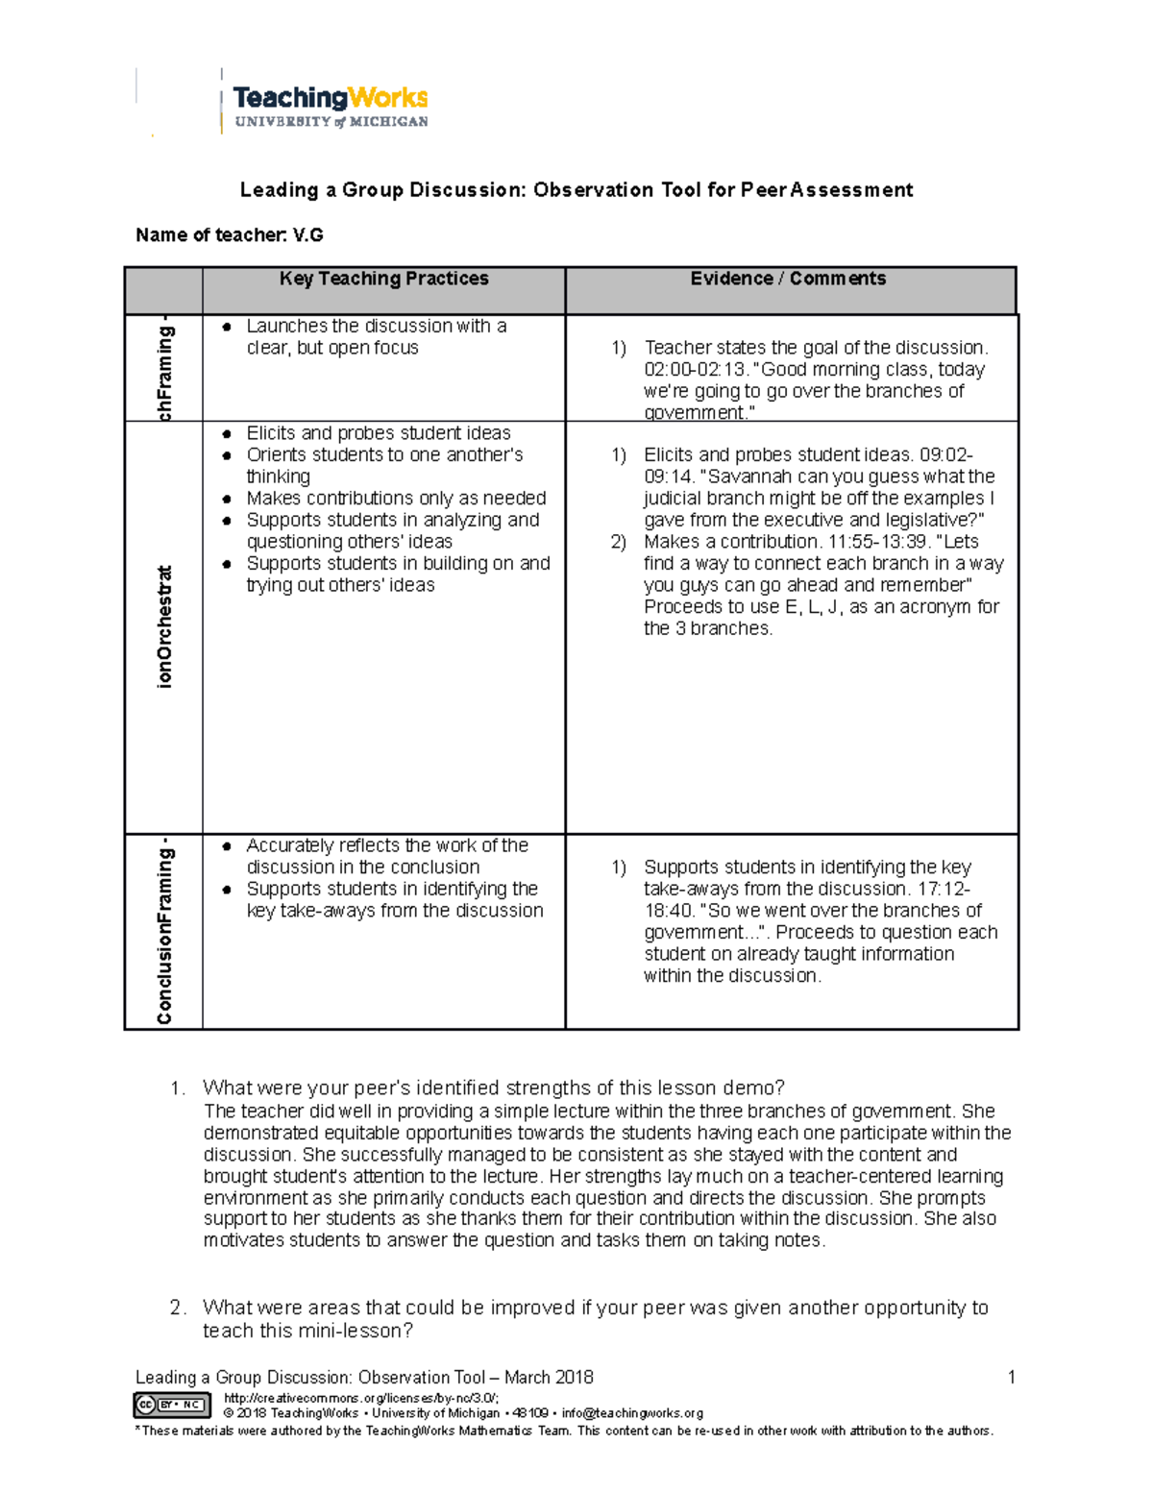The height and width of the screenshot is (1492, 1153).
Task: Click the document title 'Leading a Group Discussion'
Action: tap(576, 190)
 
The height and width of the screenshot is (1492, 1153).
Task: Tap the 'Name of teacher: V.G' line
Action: tap(230, 235)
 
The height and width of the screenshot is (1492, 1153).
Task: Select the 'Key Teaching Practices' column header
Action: tap(383, 279)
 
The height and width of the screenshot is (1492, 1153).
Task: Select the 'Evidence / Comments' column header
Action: tap(788, 279)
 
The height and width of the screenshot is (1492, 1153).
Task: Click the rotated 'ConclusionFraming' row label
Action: tap(164, 931)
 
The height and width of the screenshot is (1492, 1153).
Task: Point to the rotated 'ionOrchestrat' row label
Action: tap(164, 626)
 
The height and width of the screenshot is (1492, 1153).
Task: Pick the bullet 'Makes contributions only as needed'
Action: tap(396, 499)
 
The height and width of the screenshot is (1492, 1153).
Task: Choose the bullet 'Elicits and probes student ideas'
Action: tap(379, 433)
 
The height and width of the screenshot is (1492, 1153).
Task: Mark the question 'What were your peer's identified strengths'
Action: tap(493, 1088)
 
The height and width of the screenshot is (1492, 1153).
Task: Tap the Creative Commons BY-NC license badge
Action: tap(172, 1405)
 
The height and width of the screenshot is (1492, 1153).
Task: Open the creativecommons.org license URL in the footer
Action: tap(360, 1399)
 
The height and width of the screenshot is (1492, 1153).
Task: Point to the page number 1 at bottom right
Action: tap(1011, 1378)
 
